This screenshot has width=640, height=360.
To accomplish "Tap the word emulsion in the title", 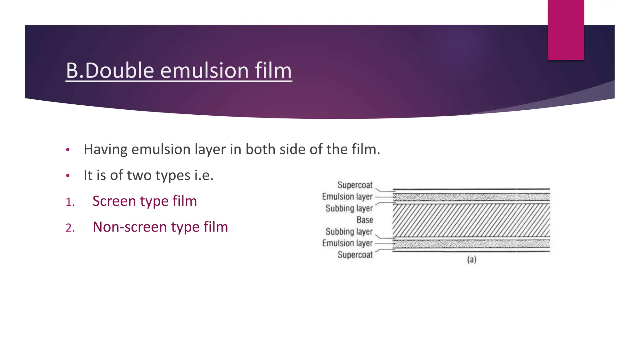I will pos(204,70).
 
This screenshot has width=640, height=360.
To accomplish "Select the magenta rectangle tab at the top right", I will pos(566,30).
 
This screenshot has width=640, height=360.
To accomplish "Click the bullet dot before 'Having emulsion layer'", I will pos(68,150).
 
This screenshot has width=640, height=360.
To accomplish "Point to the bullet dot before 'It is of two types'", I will pos(68,176).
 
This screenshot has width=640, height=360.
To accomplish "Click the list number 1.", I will pos(70,202).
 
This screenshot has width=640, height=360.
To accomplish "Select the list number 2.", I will pos(70,228).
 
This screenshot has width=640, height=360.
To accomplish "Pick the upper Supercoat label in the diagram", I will pos(355,185).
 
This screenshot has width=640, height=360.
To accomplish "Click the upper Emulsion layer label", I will pos(347,197).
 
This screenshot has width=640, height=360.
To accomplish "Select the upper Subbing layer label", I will pos(349,208).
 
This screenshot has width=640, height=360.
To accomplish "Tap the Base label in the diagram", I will pos(365,220).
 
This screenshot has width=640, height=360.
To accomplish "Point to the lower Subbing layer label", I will pos(349,232).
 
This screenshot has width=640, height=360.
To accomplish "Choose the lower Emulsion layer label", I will pos(347,243).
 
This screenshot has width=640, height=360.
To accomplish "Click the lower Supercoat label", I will pos(355,255).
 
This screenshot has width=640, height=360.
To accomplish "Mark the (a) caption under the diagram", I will pos(472,259).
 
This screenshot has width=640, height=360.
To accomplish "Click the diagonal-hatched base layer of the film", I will pos(471,220).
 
